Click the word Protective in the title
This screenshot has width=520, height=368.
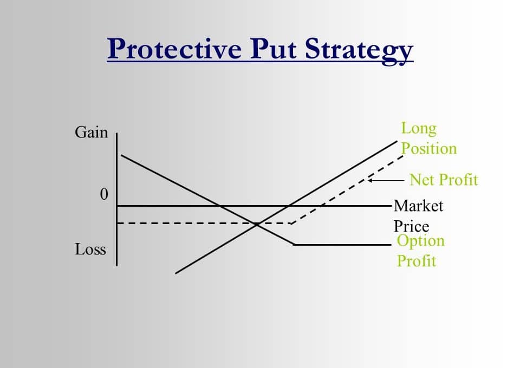pyautogui.click(x=174, y=49)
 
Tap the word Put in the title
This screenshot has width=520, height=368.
pyautogui.click(x=273, y=49)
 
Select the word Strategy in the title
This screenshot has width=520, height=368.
pyautogui.click(x=359, y=50)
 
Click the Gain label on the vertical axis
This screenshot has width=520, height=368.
pyautogui.click(x=91, y=132)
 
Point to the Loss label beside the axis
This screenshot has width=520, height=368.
pyautogui.click(x=90, y=249)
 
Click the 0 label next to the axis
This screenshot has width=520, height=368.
pyautogui.click(x=104, y=194)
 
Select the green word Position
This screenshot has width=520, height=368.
pyautogui.click(x=429, y=148)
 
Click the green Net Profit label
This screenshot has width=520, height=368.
pyautogui.click(x=444, y=180)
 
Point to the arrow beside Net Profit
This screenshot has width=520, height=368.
pyautogui.click(x=386, y=181)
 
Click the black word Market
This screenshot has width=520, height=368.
pyautogui.click(x=418, y=206)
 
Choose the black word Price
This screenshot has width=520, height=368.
pyautogui.click(x=411, y=227)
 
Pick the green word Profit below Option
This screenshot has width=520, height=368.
pyautogui.click(x=416, y=261)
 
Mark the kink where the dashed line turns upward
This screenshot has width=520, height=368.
pyautogui.click(x=291, y=224)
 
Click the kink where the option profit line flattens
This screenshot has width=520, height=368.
pyautogui.click(x=294, y=245)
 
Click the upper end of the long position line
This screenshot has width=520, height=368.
pyautogui.click(x=397, y=141)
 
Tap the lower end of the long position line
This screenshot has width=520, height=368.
pyautogui.click(x=175, y=273)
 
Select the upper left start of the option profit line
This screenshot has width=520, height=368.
pyautogui.click(x=121, y=155)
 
